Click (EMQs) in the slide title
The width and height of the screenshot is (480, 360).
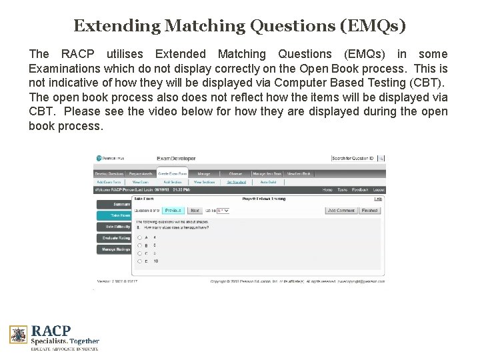point(373,27)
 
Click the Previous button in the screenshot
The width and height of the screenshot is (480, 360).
point(172,210)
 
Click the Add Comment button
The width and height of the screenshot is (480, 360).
point(341,210)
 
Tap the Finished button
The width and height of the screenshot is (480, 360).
point(369,210)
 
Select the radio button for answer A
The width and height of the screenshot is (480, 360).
point(138,237)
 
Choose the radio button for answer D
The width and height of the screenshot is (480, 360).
point(138,261)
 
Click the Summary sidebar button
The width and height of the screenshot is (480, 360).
point(115,204)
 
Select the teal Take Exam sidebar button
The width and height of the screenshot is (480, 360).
point(115,215)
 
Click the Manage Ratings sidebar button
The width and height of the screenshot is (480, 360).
point(115,249)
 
